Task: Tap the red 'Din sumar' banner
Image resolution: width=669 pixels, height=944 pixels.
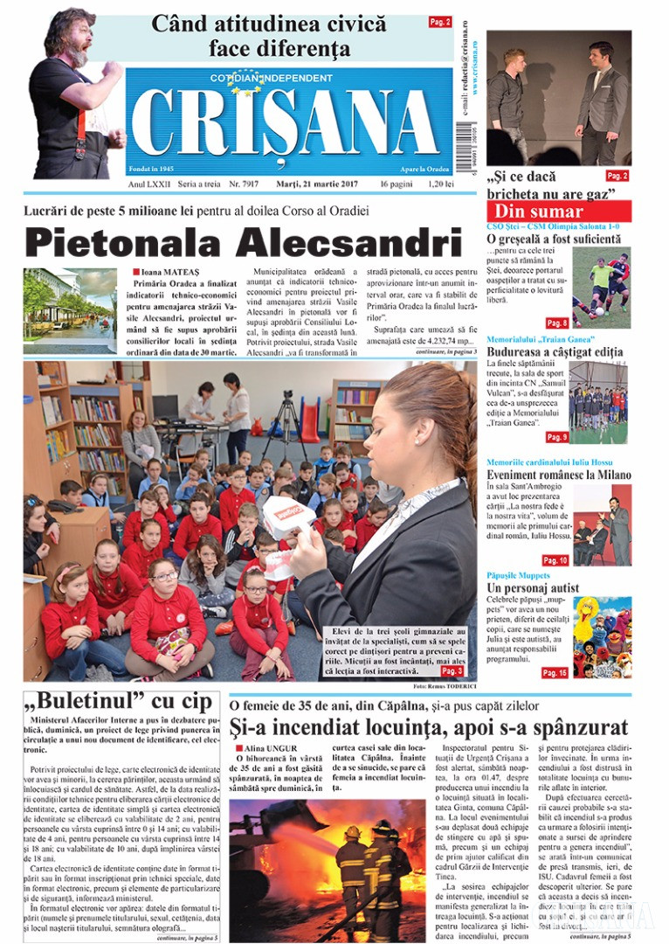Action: click(539, 212)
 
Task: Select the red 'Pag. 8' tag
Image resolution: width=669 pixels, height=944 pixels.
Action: click(556, 323)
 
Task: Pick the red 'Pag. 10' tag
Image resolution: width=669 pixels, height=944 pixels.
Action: click(555, 559)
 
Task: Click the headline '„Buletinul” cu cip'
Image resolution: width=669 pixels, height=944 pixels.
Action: click(119, 701)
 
